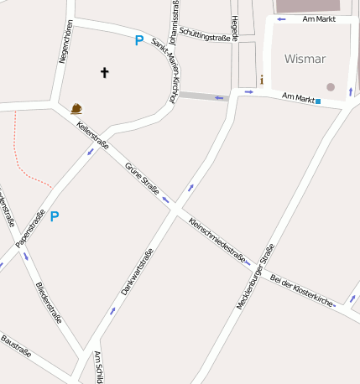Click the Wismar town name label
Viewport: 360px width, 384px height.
305,59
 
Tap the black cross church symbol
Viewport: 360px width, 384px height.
105,73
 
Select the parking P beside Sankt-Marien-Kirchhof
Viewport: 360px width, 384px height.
139,39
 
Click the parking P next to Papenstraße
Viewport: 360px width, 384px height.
55,216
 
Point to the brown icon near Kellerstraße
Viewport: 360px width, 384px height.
76,108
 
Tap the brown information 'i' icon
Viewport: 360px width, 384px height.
262,80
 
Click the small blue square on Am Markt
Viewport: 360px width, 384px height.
318,101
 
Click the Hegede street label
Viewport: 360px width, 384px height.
236,28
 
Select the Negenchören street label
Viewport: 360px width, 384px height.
61,41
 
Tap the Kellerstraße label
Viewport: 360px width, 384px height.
92,135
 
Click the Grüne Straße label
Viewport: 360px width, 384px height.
142,178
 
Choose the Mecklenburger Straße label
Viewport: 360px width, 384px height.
256,277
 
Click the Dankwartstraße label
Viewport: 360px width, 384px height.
137,274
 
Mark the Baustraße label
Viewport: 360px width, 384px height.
16,346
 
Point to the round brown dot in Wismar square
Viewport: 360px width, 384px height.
331,86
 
